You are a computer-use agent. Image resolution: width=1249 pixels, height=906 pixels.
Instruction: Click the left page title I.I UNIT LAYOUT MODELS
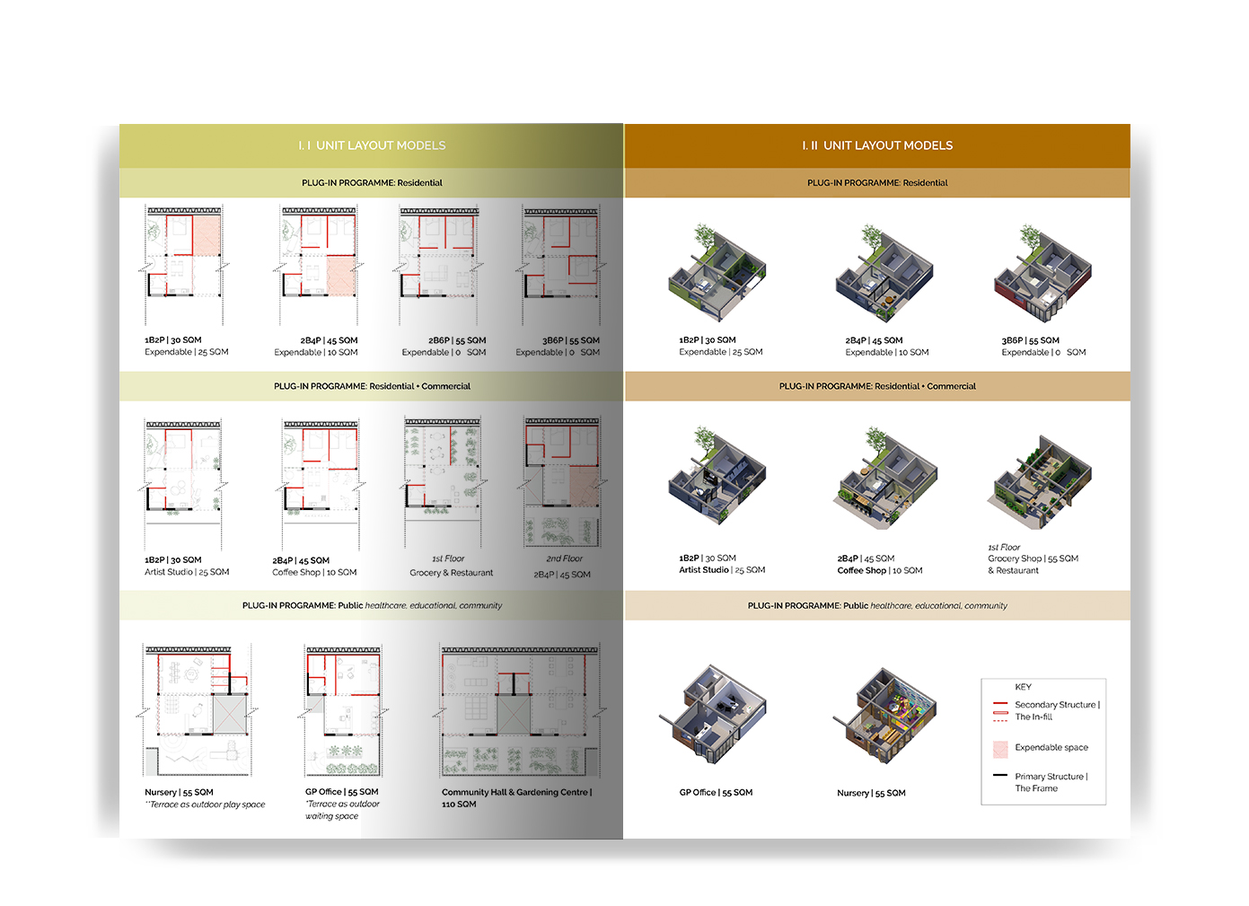tap(372, 145)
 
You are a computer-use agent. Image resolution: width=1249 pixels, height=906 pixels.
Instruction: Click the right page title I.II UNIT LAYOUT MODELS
tap(877, 145)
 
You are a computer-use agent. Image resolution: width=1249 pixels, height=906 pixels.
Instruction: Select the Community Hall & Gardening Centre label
tap(516, 793)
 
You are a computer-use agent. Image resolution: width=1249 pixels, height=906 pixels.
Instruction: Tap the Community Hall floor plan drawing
tap(520, 710)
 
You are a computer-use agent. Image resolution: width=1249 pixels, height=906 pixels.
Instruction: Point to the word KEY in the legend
tap(1023, 687)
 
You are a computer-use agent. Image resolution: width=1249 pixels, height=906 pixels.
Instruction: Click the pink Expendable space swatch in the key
tap(1000, 748)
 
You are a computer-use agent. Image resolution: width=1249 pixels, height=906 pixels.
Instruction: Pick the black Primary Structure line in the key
tap(1000, 775)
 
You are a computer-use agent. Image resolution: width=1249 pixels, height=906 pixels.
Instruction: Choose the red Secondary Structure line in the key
tap(1000, 704)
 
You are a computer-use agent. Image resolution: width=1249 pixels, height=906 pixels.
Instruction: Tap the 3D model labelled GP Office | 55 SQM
tap(716, 715)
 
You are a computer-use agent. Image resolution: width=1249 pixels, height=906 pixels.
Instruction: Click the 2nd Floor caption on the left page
tap(564, 559)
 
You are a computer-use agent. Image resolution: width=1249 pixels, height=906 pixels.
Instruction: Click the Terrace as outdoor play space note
tap(206, 805)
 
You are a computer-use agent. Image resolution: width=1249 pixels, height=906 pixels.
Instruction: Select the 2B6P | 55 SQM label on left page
tap(457, 340)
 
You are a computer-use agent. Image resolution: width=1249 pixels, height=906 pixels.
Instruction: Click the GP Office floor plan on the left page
tap(343, 710)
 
